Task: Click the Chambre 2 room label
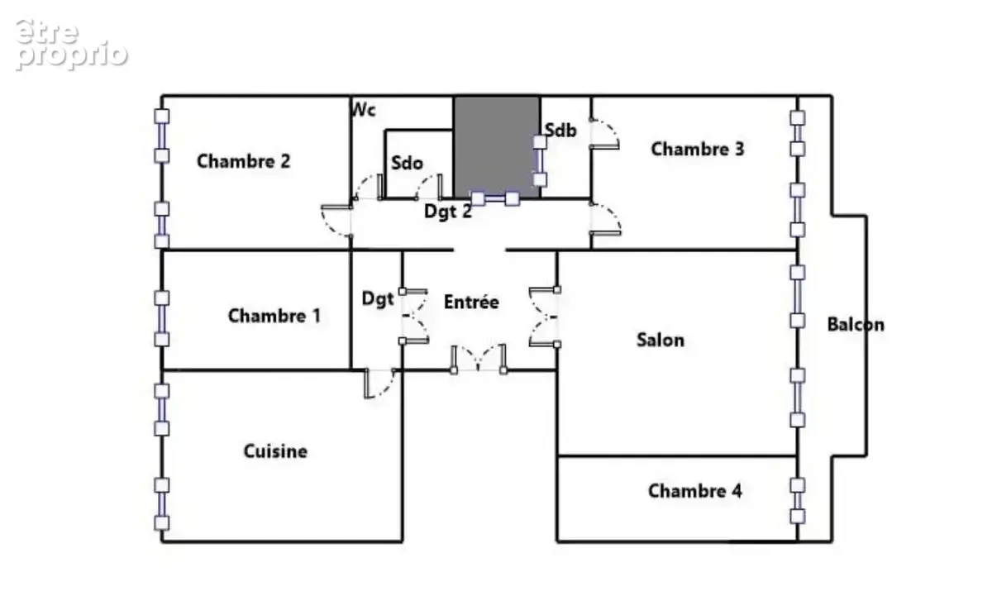coord(244,161)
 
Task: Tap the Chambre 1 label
coord(274,316)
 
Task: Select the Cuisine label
coord(275,451)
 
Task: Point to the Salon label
coord(661,340)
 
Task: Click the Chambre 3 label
coord(698,149)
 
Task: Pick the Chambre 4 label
coord(695,491)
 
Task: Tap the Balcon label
coord(856,325)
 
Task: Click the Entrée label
coord(472,302)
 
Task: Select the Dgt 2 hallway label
coord(448,211)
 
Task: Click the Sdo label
coord(407,163)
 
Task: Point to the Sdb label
coord(560,130)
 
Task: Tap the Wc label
coord(363,109)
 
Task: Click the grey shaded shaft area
coord(497,147)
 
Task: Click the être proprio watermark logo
coord(72,45)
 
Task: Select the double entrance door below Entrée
coord(479,359)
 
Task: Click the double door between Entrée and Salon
coord(545,317)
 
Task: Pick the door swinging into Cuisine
coord(380,384)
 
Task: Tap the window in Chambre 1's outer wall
coord(162,319)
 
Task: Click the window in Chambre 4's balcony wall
coord(798,501)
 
